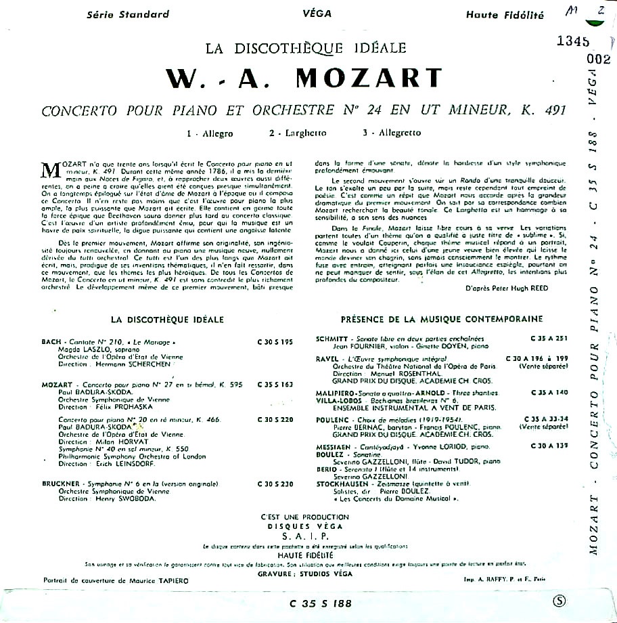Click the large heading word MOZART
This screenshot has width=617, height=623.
tap(369, 79)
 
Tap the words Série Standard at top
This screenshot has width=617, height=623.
tap(129, 14)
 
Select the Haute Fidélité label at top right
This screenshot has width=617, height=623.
tap(505, 14)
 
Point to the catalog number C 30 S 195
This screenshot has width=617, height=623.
tap(275, 343)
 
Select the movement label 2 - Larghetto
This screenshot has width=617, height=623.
tap(295, 133)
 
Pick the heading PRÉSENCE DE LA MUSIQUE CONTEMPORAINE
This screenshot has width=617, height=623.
tap(432, 319)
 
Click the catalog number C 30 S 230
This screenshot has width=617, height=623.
tap(275, 484)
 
